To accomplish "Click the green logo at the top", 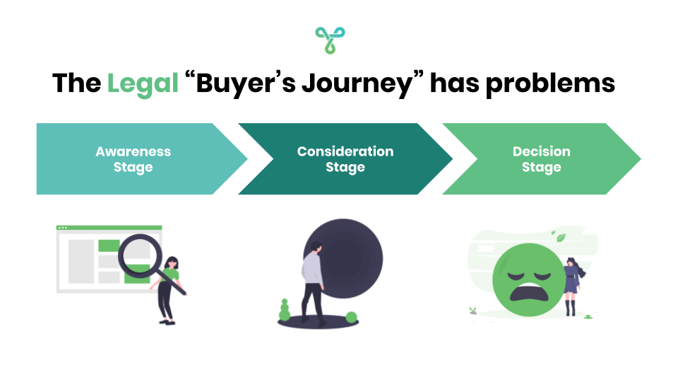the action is tap(330, 40).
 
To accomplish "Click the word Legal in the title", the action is tap(143, 84).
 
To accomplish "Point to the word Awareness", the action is tap(133, 151).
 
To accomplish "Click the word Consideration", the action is tap(345, 151).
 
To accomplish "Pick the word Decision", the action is tap(542, 151).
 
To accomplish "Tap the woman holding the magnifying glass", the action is tap(169, 286).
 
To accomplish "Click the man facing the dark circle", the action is tap(311, 279).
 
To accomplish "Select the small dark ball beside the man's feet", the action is tap(351, 316).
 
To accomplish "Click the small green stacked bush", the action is tap(285, 310).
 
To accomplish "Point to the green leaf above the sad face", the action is tap(561, 238).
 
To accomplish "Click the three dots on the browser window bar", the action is tap(63, 228).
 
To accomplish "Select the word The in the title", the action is tap(76, 84).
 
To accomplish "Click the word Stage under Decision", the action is tap(542, 168).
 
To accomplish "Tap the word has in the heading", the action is tap(456, 84).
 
